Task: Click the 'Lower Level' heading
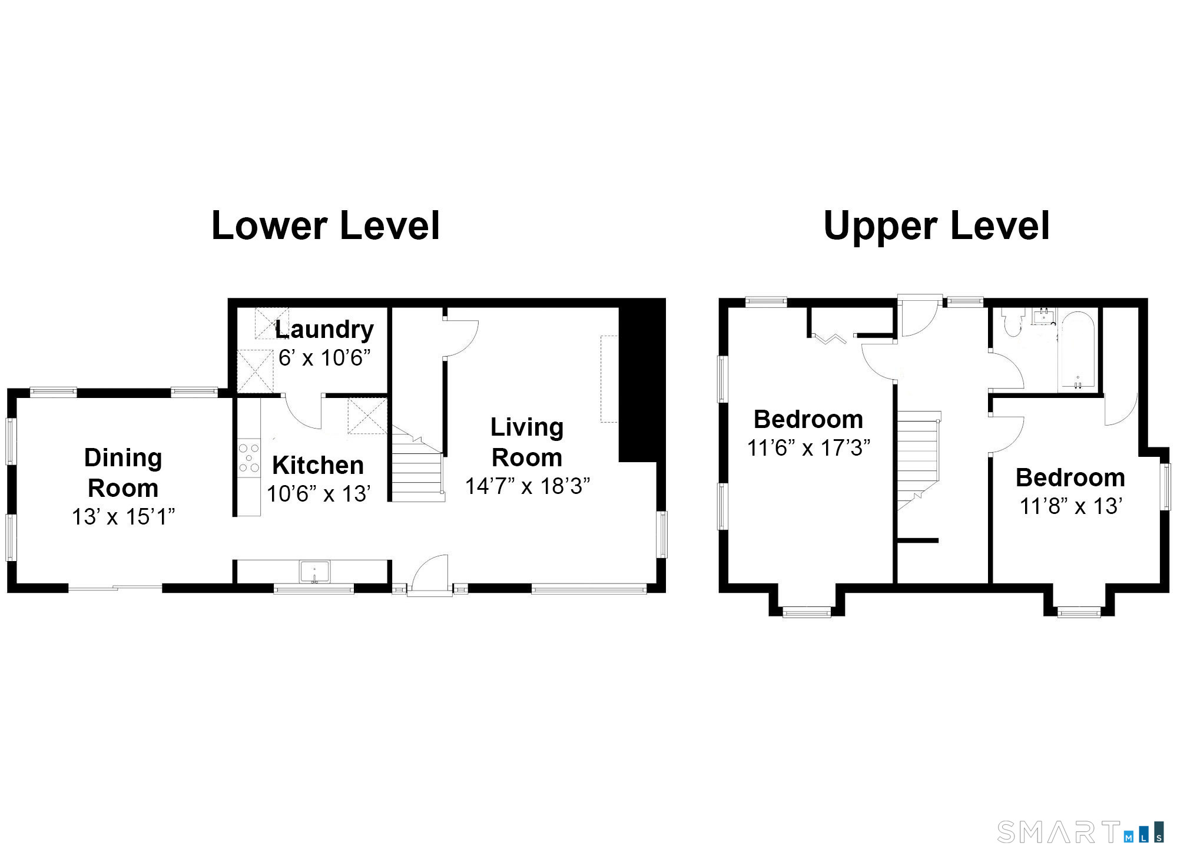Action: tap(326, 225)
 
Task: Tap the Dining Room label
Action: tap(123, 473)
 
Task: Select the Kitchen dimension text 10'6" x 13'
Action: tap(319, 493)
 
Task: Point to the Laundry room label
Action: tap(324, 330)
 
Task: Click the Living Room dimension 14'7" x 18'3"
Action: tap(528, 486)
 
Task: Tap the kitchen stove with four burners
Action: tap(249, 458)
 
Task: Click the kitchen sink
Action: tap(315, 572)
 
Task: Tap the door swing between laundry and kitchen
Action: tap(303, 412)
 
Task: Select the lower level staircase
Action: tap(417, 465)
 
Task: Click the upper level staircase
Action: tap(918, 459)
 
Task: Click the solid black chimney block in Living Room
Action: tap(638, 383)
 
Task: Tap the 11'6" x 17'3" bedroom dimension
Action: tap(808, 448)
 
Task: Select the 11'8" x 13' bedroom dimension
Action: tap(1071, 506)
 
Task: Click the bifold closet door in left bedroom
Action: tap(830, 339)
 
